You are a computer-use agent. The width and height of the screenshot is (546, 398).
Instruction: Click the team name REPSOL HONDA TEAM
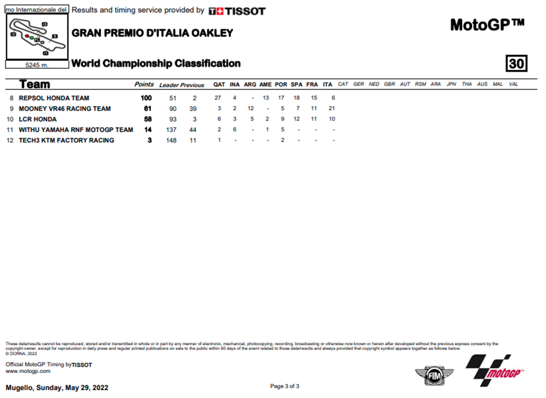pyautogui.click(x=54, y=98)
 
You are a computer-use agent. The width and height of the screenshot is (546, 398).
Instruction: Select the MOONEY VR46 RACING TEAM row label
pyautogui.click(x=64, y=109)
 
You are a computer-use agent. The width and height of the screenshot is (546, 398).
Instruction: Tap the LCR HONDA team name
pyautogui.click(x=38, y=119)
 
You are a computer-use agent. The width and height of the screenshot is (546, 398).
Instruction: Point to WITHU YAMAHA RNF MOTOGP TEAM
pyautogui.click(x=76, y=129)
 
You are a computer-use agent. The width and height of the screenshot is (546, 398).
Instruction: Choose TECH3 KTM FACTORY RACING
pyautogui.click(x=66, y=140)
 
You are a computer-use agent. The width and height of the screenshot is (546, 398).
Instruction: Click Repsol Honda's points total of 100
pyautogui.click(x=146, y=98)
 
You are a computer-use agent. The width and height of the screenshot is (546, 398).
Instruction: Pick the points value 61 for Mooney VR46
pyautogui.click(x=147, y=109)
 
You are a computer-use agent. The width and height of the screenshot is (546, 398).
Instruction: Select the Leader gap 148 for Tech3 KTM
pyautogui.click(x=171, y=140)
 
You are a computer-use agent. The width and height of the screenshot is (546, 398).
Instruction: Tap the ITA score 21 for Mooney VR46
pyautogui.click(x=332, y=109)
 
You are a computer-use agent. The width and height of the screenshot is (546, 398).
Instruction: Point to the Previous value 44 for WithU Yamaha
pyautogui.click(x=193, y=129)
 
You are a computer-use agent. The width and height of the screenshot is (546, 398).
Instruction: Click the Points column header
pyautogui.click(x=144, y=84)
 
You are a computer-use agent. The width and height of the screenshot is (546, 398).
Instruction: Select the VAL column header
pyautogui.click(x=513, y=84)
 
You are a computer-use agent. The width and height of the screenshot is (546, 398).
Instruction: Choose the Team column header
pyautogui.click(x=35, y=84)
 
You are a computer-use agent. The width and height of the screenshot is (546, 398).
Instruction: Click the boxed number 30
pyautogui.click(x=517, y=63)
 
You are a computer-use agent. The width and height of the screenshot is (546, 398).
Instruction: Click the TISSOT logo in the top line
pyautogui.click(x=237, y=11)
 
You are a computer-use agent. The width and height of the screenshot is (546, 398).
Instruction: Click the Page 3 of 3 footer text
pyautogui.click(x=285, y=386)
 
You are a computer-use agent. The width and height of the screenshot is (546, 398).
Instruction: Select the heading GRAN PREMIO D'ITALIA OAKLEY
pyautogui.click(x=152, y=33)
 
